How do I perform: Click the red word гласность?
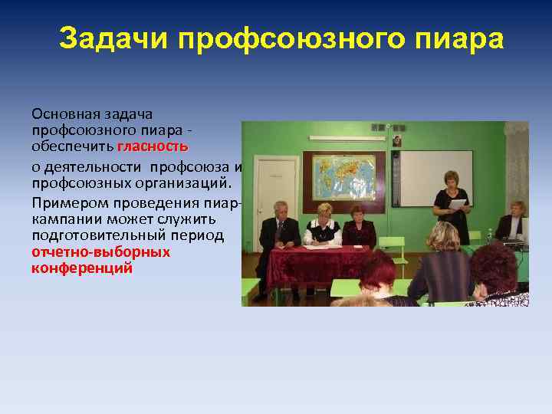(153, 146)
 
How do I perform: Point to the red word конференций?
(82, 268)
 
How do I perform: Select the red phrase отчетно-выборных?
(100, 251)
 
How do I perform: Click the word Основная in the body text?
(65, 113)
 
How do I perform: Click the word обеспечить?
(73, 146)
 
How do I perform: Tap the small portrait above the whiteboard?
(397, 141)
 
